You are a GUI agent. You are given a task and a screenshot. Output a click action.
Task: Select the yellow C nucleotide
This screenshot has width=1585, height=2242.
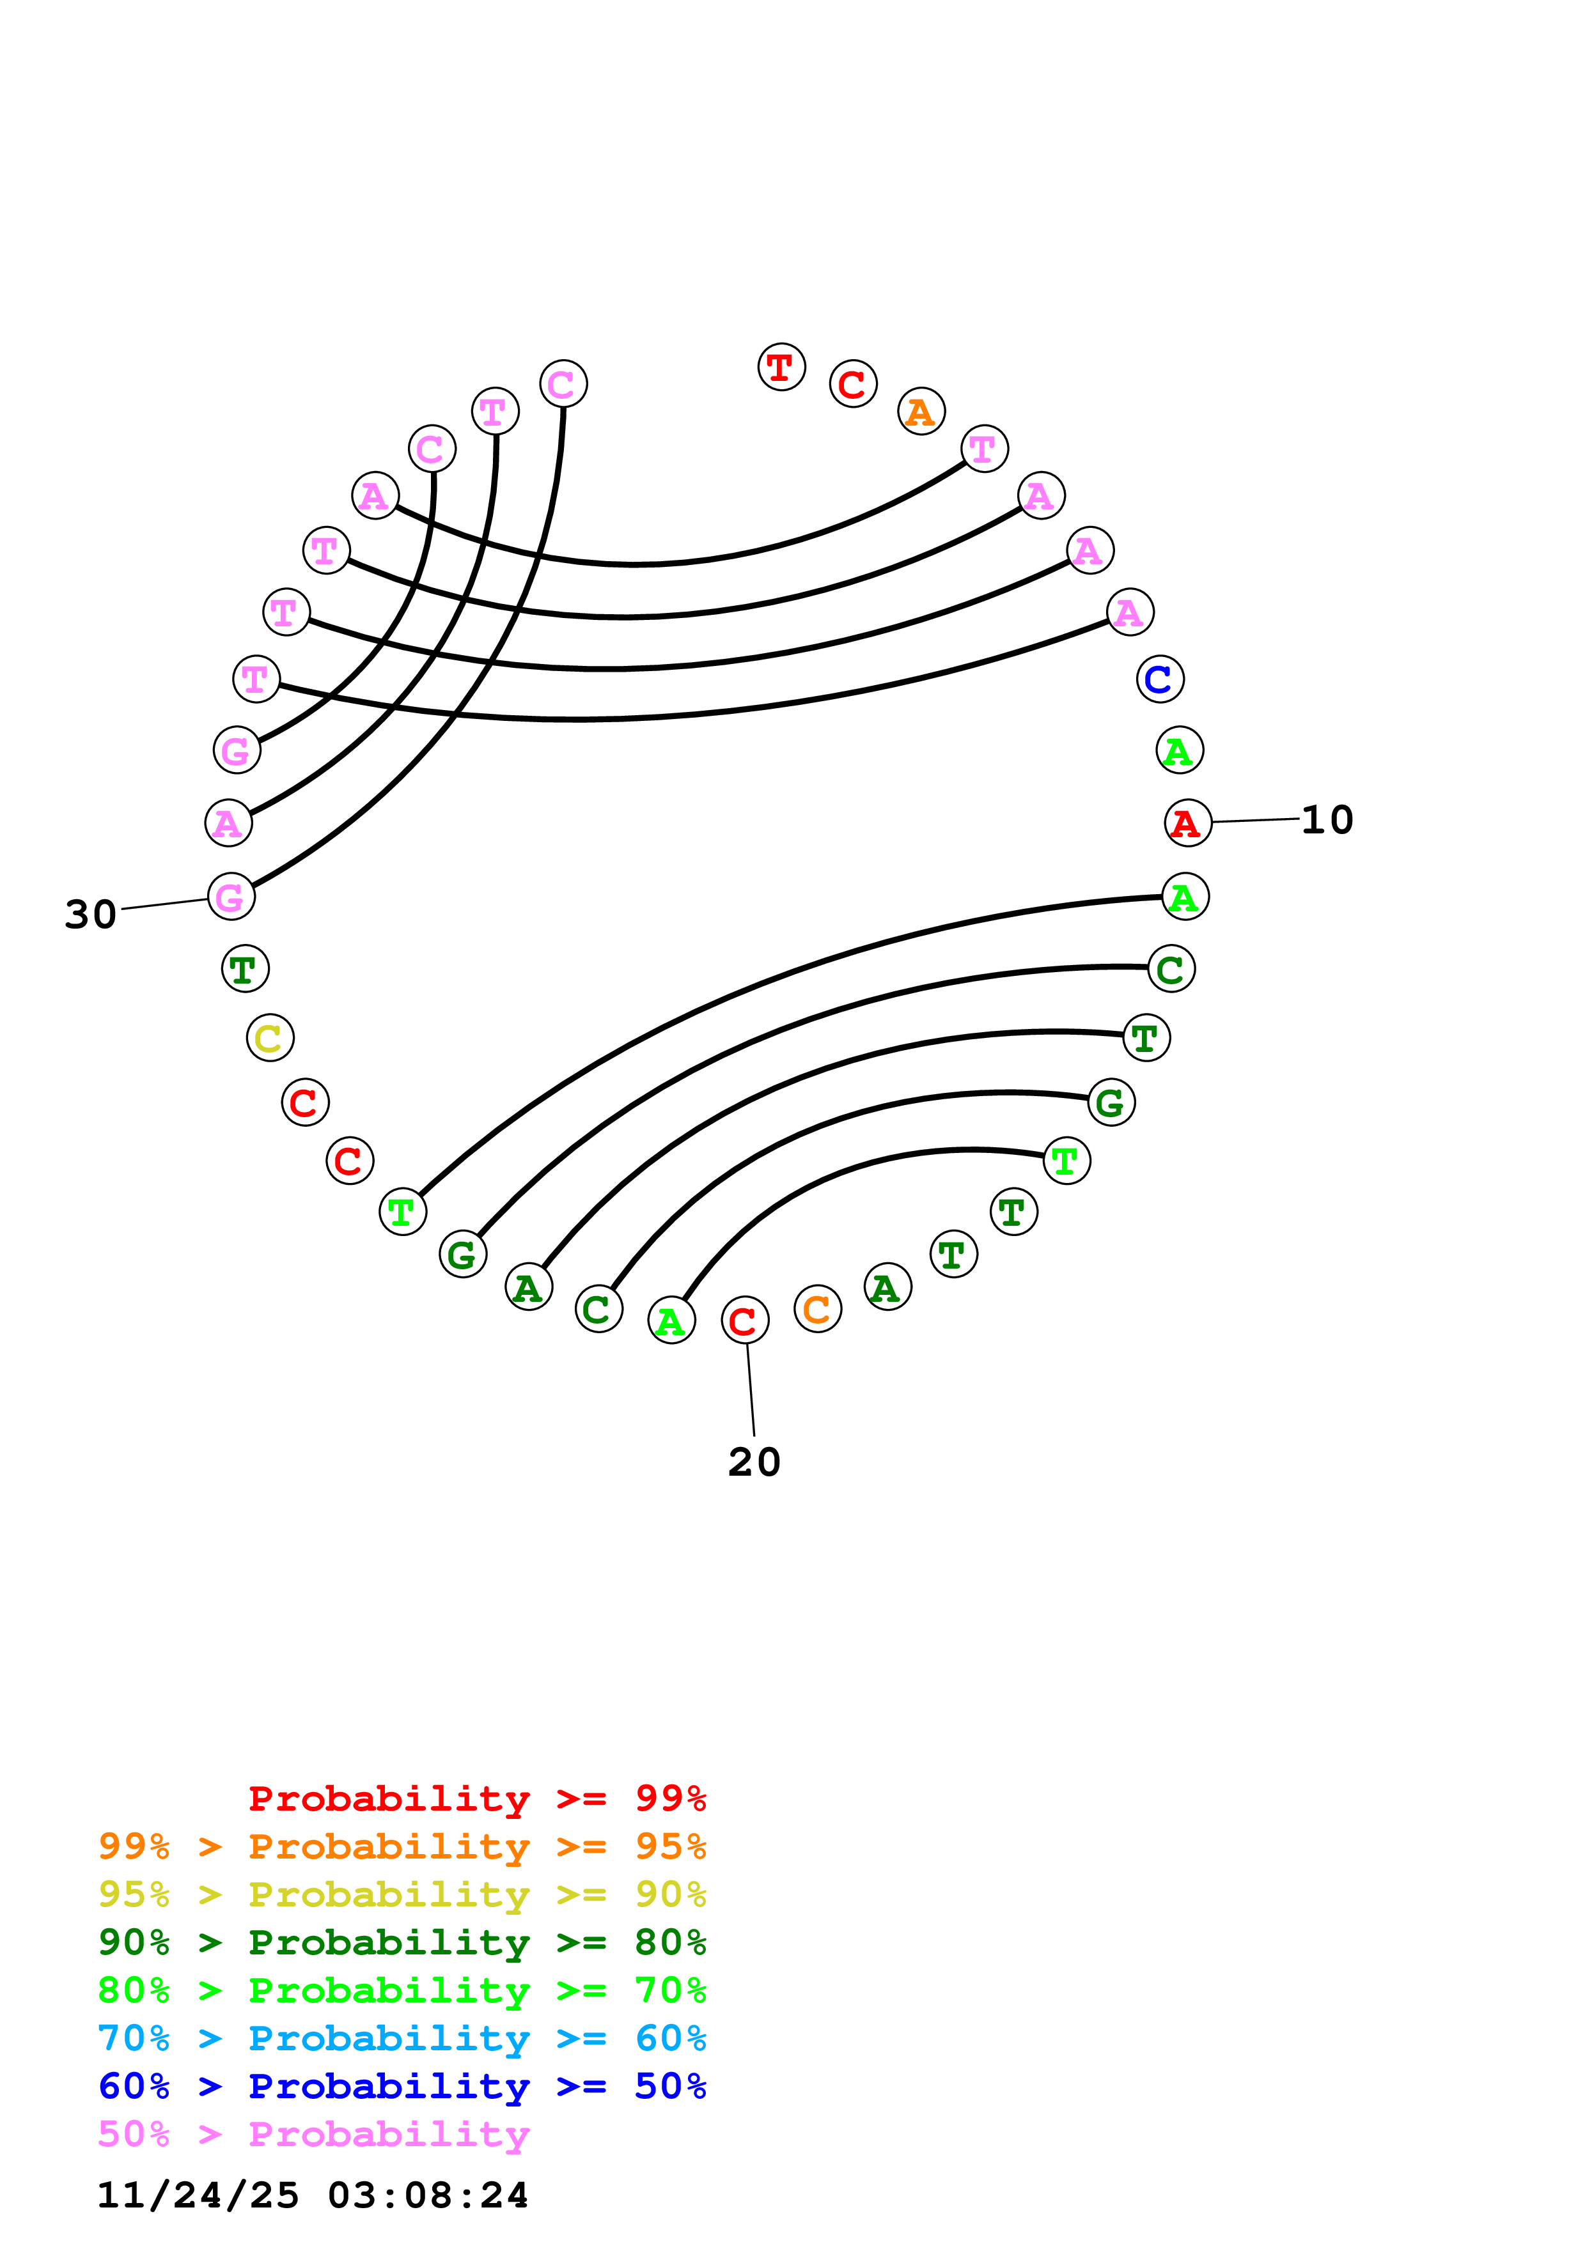[270, 1037]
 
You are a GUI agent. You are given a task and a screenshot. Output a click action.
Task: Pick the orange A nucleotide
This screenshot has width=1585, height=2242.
[920, 411]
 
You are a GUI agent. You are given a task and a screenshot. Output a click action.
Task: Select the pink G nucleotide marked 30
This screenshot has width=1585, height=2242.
[230, 897]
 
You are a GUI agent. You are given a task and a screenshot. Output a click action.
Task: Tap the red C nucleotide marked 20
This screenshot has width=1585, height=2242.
[744, 1320]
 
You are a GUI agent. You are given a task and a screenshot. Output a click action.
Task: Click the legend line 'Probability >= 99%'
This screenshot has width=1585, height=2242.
[476, 1798]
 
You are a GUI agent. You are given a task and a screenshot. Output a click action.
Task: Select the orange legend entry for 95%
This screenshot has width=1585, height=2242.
[402, 1846]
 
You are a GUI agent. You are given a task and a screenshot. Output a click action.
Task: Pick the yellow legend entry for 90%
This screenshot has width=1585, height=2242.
[402, 1894]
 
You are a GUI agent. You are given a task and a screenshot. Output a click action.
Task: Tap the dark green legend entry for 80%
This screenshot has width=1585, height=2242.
[402, 1942]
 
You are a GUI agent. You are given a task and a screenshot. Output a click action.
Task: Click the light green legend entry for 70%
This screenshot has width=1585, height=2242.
[402, 1990]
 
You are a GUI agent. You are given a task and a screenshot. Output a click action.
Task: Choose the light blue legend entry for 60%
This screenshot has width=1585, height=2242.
[402, 2038]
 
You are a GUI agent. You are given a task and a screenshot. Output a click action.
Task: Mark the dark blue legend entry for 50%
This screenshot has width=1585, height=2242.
[402, 2086]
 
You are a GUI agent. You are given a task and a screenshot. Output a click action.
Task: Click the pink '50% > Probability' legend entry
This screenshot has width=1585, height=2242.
[313, 2133]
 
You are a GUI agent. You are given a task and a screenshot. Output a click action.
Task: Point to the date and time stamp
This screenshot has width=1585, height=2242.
[313, 2195]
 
